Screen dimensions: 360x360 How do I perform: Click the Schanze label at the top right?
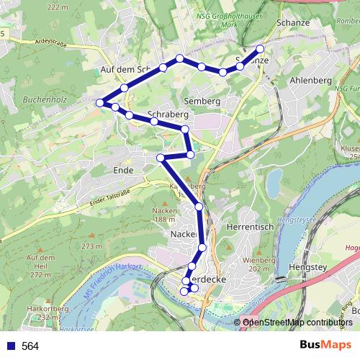pos(292,23)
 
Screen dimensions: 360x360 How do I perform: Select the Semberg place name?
pos(200,100)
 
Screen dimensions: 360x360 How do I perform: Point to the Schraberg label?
pos(167,114)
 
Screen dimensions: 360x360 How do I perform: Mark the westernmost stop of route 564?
pos(100,102)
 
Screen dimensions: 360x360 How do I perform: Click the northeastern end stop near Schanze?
pos(260,49)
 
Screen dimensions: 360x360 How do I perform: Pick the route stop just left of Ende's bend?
pos(161,157)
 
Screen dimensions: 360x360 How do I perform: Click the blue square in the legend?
pos(9,346)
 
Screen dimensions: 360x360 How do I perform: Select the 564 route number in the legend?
pos(30,346)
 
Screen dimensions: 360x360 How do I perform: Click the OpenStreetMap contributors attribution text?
pos(297,322)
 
